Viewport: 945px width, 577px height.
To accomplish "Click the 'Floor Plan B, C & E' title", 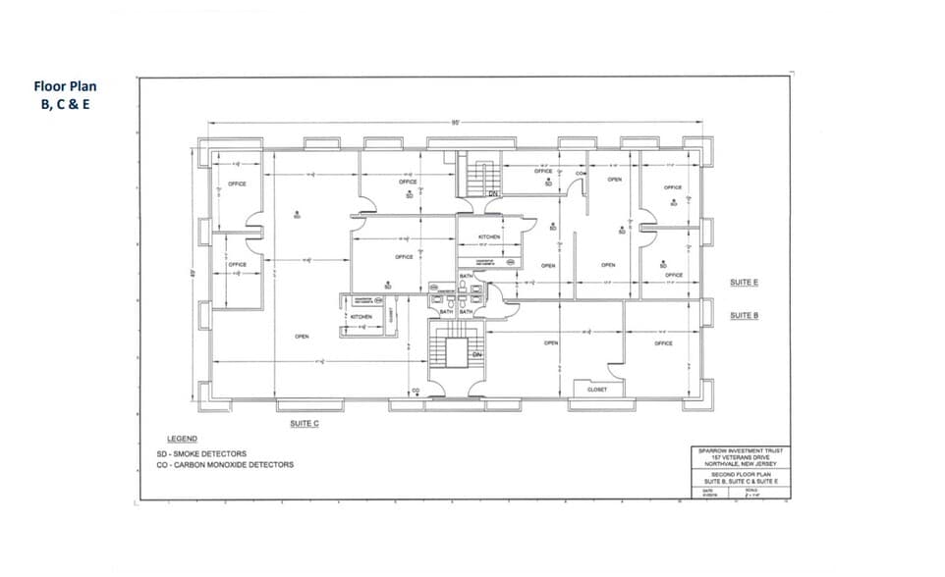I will [65, 94].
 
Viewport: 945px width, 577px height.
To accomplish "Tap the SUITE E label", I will [744, 283].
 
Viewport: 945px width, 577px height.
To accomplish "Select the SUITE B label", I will [744, 316].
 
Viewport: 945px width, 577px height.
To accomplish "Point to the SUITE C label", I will [304, 424].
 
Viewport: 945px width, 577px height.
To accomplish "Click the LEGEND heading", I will [182, 439].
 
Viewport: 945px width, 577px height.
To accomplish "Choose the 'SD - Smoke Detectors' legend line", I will [201, 454].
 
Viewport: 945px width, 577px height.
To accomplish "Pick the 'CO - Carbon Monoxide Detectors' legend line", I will [224, 465].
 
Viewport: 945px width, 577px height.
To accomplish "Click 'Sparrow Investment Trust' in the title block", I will [739, 451].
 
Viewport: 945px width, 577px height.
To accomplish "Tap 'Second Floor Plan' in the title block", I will [738, 473].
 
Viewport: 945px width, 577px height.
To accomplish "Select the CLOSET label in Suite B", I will [597, 390].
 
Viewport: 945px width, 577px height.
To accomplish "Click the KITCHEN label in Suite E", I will [489, 237].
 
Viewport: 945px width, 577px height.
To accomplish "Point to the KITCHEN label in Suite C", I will [361, 317].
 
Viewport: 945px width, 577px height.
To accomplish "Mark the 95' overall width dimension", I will [456, 123].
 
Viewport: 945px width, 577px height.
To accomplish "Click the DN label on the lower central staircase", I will [476, 354].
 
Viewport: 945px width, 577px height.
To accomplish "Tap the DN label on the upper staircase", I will [493, 193].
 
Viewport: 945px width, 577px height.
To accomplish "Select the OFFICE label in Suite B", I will [663, 343].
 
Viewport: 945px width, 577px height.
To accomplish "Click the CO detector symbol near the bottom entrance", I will [417, 392].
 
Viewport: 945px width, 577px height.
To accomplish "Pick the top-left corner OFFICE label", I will [237, 184].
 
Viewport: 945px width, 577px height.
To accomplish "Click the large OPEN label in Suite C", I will [302, 337].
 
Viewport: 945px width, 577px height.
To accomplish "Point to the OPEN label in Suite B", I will [551, 343].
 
